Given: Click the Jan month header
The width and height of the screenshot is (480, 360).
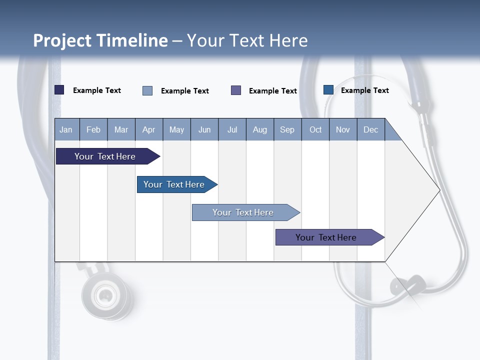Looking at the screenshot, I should [x=66, y=129].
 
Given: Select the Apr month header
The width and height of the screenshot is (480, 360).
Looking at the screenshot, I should [x=149, y=129].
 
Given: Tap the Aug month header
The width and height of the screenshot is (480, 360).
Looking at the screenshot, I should [x=260, y=129].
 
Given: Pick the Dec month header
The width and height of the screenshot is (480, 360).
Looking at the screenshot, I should [x=371, y=129].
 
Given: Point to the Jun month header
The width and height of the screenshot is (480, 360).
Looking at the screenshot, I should [x=204, y=129].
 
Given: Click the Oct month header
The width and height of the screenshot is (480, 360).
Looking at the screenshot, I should [x=315, y=129].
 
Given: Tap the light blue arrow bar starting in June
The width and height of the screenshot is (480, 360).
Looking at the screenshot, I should [x=243, y=212].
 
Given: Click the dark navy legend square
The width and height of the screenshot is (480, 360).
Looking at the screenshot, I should [x=59, y=90].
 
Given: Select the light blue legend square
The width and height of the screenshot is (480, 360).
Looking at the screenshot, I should [x=147, y=90].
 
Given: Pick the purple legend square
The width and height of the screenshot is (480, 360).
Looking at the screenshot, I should [x=236, y=90].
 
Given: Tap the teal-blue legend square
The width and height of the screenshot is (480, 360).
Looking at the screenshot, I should [x=328, y=90].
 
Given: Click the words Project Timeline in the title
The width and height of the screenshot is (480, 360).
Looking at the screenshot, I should [x=100, y=40].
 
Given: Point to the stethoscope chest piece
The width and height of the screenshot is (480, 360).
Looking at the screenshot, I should [x=106, y=295].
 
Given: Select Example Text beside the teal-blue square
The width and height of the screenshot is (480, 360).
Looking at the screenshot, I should [x=364, y=90].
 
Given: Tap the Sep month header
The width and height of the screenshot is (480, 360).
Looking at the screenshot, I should [x=287, y=129].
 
